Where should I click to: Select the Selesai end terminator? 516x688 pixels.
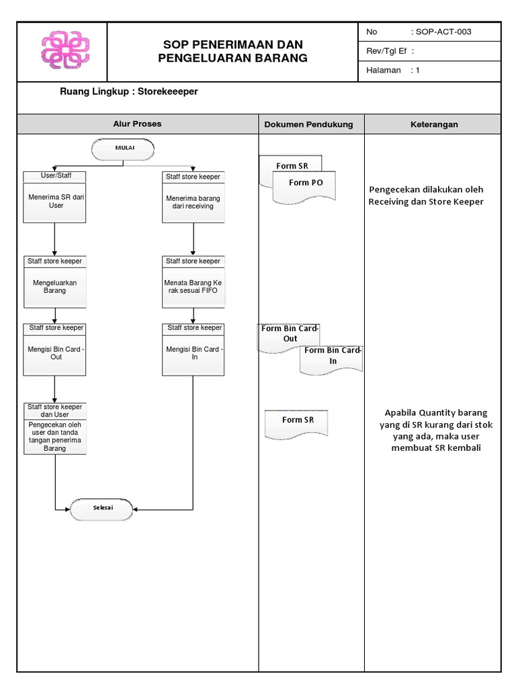[x=103, y=509]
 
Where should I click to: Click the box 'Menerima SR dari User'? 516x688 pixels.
[x=55, y=202]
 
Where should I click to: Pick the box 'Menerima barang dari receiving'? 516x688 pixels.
[x=193, y=202]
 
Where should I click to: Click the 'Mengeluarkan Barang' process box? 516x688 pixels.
[x=55, y=287]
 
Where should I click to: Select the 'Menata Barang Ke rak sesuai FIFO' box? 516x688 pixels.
[x=193, y=287]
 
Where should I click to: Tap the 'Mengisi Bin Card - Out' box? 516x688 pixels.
[x=55, y=353]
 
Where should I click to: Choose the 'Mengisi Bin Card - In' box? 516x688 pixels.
[x=193, y=353]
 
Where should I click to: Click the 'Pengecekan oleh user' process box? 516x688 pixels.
[x=55, y=436]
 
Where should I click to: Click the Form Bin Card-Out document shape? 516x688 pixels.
[x=289, y=336]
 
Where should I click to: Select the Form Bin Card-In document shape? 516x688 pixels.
[x=332, y=357]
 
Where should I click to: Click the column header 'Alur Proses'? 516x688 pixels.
[x=137, y=124]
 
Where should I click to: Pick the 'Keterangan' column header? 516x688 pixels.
[x=433, y=124]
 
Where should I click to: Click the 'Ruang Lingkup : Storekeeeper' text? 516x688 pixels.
[x=129, y=91]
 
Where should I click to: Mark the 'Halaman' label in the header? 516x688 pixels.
[x=384, y=70]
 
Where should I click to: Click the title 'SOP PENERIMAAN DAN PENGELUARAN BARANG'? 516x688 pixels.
[x=232, y=51]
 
